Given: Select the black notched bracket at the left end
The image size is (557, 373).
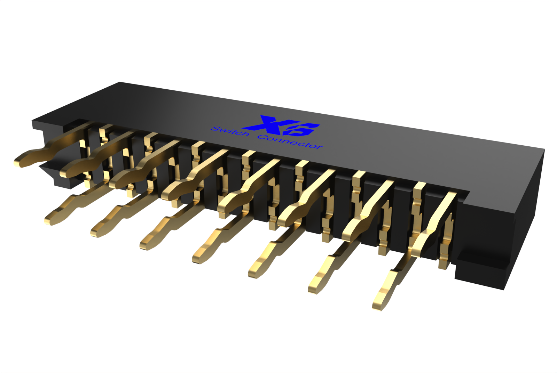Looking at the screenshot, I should [x=52, y=174].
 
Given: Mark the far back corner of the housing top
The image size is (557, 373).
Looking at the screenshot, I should [x=120, y=82].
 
